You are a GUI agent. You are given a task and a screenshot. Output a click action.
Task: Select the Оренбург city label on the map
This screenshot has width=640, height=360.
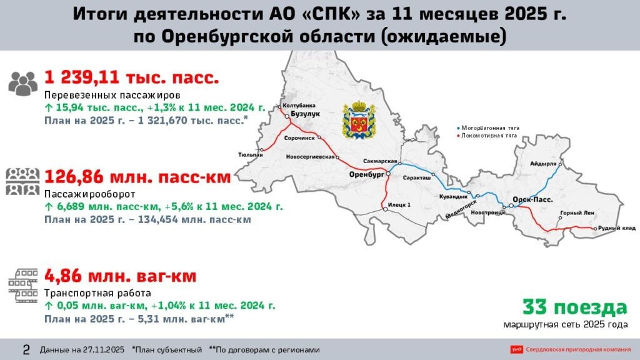366,174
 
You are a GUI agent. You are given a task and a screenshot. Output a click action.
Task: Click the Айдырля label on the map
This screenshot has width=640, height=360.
542,164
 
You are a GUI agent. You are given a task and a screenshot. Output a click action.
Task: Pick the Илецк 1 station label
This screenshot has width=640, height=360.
400,204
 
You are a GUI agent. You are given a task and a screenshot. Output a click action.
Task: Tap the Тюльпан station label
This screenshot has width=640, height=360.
250,154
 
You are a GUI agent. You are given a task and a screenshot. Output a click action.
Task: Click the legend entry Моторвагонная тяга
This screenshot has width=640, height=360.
490,127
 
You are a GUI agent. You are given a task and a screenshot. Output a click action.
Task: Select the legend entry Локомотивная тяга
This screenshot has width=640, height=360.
490,135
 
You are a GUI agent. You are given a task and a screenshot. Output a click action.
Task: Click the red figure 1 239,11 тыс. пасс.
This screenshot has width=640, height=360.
131,78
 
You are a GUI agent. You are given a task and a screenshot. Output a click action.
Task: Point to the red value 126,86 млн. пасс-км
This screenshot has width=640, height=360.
137,177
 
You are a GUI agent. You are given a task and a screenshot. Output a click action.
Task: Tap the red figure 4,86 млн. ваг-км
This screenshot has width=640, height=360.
120,276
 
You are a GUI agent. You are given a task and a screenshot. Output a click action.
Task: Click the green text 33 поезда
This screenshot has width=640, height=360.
574,307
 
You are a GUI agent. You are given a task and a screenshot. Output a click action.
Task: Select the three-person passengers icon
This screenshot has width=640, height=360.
24,83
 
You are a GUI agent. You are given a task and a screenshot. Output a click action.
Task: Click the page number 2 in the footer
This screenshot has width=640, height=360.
26,349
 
